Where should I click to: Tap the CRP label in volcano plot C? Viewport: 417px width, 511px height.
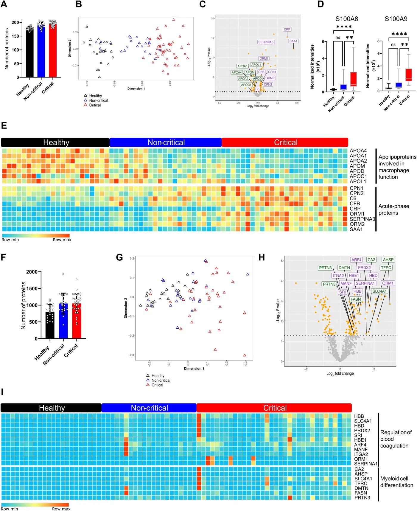287,29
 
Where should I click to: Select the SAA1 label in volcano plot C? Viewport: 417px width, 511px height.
293,41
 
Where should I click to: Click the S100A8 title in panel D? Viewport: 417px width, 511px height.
347,19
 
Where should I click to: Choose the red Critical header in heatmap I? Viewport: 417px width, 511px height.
274,408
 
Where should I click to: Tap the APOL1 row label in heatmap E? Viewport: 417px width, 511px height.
358,181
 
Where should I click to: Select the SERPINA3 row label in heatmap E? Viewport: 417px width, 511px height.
362,219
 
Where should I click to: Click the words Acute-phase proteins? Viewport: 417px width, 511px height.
393,209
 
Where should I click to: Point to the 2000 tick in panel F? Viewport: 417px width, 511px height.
32,272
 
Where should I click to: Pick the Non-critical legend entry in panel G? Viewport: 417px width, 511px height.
161,380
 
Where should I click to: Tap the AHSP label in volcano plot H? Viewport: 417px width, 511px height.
388,260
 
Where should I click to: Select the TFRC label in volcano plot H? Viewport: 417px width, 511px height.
386,268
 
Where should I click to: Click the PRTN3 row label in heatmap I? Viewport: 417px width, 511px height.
362,498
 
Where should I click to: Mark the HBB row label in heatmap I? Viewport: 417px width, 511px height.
359,416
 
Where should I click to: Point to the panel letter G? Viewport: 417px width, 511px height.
119,257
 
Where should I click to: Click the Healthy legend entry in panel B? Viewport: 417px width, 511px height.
95,96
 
